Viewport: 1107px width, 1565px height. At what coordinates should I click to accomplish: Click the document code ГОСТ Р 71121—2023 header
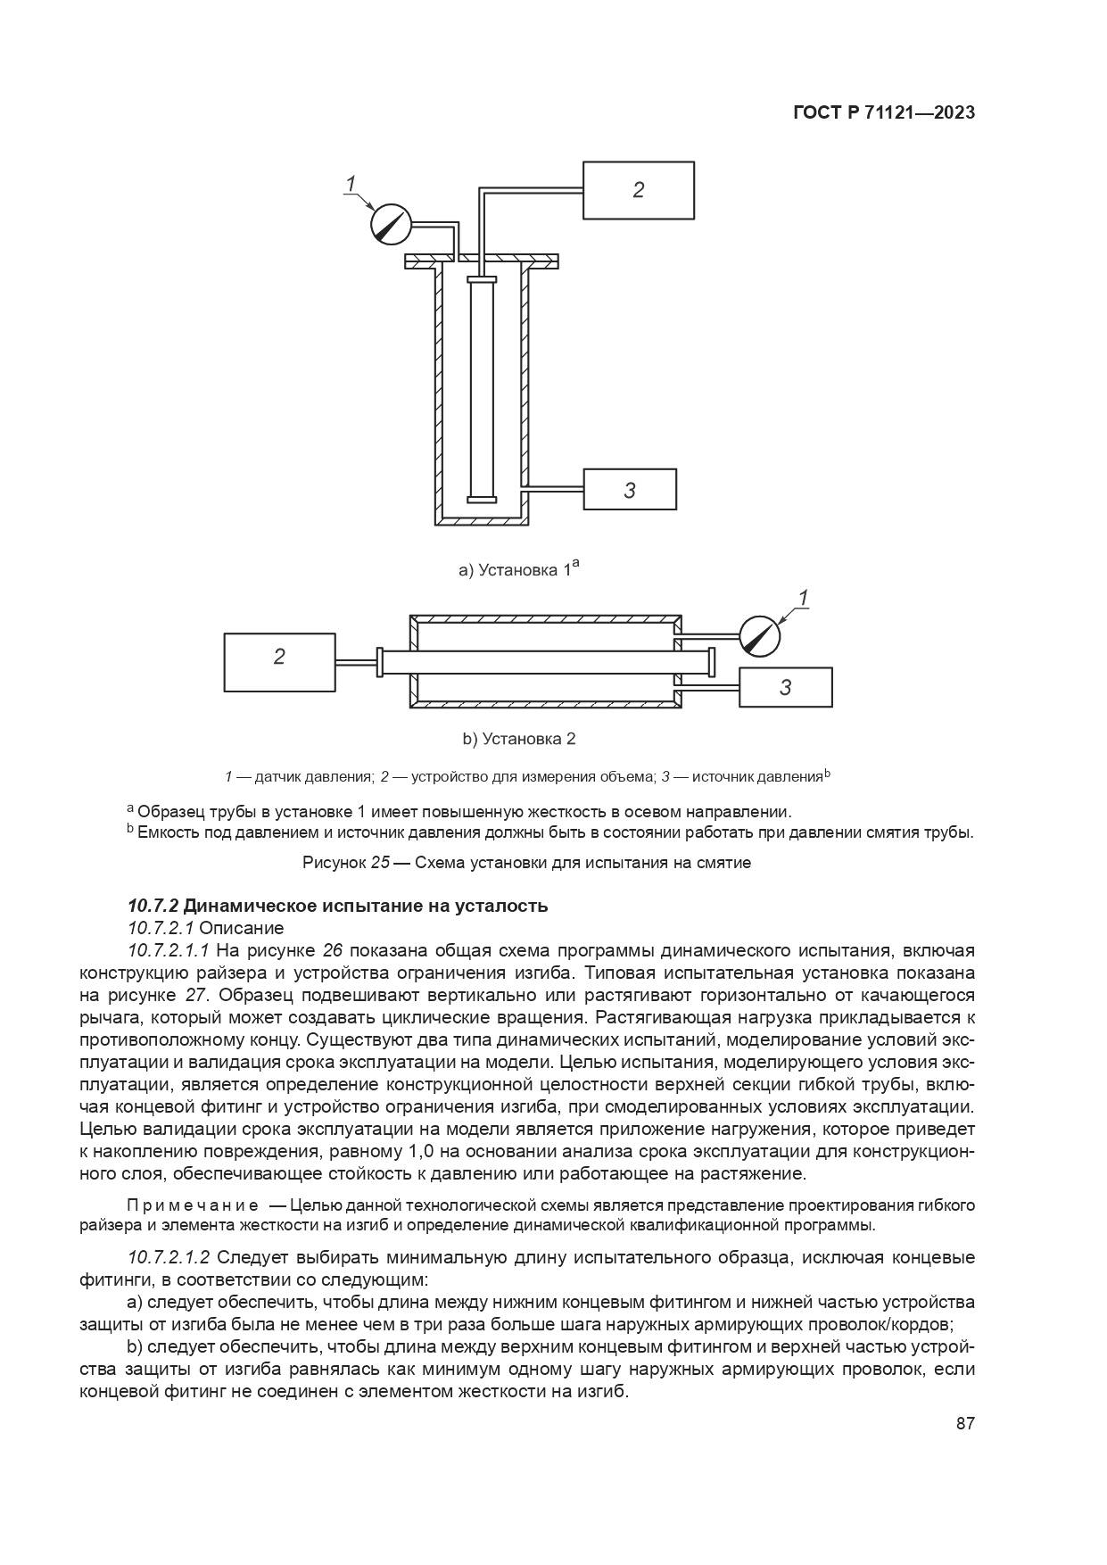tap(883, 112)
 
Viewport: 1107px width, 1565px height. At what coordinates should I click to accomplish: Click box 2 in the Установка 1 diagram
tap(638, 189)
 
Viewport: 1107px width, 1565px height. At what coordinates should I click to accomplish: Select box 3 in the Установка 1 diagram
tap(629, 489)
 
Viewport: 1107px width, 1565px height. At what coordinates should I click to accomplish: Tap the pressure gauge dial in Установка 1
tap(391, 223)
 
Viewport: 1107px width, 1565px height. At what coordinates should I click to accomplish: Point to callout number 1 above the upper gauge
tap(351, 183)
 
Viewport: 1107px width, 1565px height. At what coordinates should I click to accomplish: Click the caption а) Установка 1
tap(518, 568)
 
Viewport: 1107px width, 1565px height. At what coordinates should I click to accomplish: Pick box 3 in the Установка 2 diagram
tap(785, 687)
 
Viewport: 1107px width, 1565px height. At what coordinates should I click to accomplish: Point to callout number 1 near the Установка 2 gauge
tap(804, 597)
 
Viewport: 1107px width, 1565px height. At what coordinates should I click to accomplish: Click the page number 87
tap(965, 1423)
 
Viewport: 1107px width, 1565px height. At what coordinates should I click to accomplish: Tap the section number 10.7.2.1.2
tap(169, 1257)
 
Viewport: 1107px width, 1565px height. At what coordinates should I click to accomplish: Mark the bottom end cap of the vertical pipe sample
tap(481, 499)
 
